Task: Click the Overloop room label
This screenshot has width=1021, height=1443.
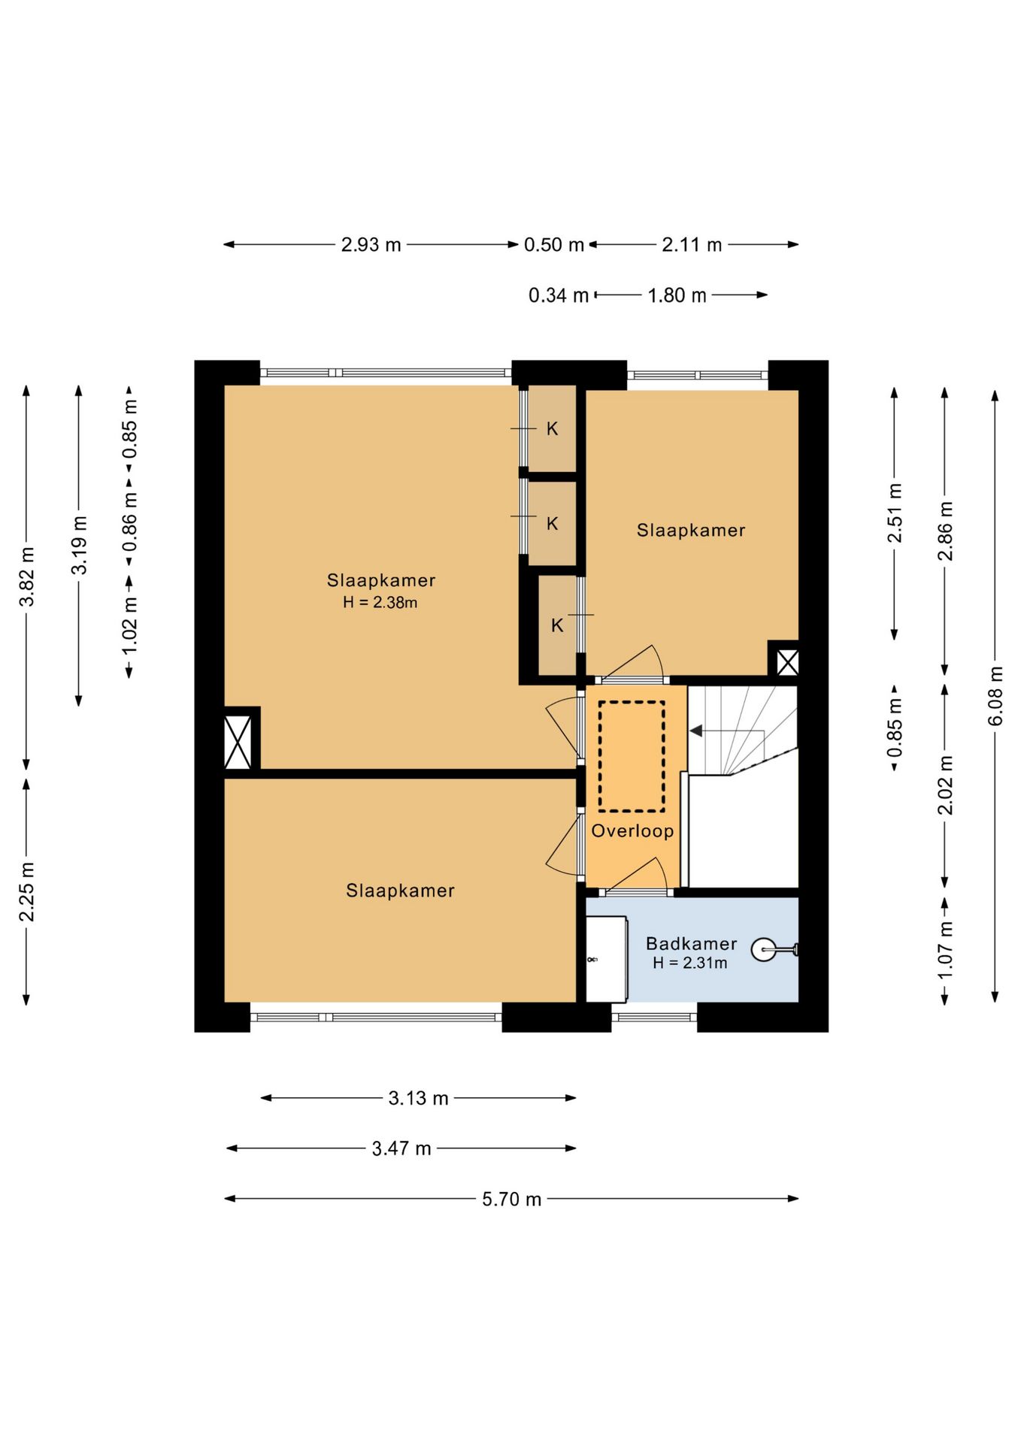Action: point(632,831)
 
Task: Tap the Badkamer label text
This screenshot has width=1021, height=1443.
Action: point(691,943)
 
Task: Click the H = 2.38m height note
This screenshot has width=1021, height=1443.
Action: point(380,602)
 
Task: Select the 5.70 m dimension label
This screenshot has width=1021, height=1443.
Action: point(511,1199)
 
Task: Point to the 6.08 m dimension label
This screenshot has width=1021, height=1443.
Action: point(995,696)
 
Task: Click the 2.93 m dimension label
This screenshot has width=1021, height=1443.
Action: point(371,244)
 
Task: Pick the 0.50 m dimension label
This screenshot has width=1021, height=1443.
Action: point(553,244)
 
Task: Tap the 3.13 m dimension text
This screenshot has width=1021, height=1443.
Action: point(418,1098)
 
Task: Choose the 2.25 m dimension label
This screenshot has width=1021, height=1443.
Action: point(26,891)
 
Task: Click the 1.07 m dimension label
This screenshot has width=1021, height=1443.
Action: point(944,950)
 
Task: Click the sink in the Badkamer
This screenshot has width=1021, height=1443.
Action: point(764,950)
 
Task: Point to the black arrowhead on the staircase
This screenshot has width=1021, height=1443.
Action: point(696,731)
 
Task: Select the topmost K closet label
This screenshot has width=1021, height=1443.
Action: point(552,428)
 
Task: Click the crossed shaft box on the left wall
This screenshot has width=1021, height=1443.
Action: point(238,743)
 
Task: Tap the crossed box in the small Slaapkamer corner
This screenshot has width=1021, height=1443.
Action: point(787,662)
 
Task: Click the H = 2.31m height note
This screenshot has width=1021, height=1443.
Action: point(689,963)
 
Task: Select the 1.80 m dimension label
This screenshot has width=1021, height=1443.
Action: point(677,295)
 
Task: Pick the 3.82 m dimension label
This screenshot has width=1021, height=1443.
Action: point(26,576)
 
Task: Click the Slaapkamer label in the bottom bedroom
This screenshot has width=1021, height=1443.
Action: point(400,891)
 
